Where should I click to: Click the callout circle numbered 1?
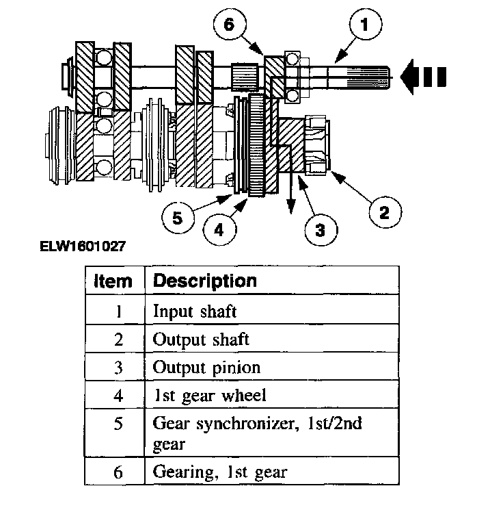click(364, 27)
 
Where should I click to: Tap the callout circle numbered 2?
click(384, 212)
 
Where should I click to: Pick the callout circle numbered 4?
click(219, 230)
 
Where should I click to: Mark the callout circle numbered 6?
click(228, 25)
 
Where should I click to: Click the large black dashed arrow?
click(424, 77)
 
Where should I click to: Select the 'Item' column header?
click(114, 281)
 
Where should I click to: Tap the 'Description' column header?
click(204, 281)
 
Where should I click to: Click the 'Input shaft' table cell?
click(195, 311)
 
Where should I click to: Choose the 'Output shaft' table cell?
click(201, 339)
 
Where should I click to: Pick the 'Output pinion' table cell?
click(206, 367)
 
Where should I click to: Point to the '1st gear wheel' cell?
click(208, 395)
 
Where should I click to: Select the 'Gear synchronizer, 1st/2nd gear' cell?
click(257, 432)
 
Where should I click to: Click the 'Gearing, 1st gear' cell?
click(219, 471)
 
